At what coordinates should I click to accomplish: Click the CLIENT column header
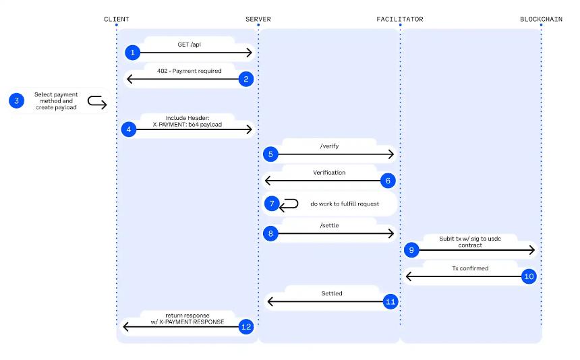tap(117, 20)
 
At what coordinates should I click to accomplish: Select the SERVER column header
tap(258, 20)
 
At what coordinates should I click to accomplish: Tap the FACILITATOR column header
tap(400, 20)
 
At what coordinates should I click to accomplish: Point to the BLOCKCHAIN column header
tap(541, 20)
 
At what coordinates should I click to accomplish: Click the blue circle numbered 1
tap(132, 53)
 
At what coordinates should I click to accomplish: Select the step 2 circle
tap(246, 79)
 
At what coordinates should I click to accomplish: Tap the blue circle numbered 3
tap(17, 100)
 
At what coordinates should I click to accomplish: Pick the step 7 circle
tap(272, 204)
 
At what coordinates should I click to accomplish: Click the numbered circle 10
tap(529, 276)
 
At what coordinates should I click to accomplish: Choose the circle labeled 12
tap(246, 327)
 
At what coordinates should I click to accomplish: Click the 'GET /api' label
tap(190, 44)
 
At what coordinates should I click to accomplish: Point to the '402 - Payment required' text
tap(190, 71)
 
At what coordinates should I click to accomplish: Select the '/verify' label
tap(329, 146)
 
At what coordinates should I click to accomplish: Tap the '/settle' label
tap(329, 225)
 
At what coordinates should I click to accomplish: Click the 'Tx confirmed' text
tap(470, 268)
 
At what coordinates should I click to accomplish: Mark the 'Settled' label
tap(332, 293)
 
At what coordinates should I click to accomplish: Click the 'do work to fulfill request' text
tap(345, 204)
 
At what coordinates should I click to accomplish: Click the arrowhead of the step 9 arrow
tap(533, 250)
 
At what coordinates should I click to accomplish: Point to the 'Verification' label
tap(329, 173)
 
